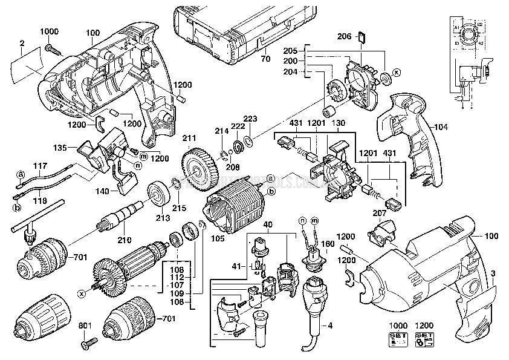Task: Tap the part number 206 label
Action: coord(344,37)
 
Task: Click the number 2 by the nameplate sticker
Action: coord(21,42)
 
